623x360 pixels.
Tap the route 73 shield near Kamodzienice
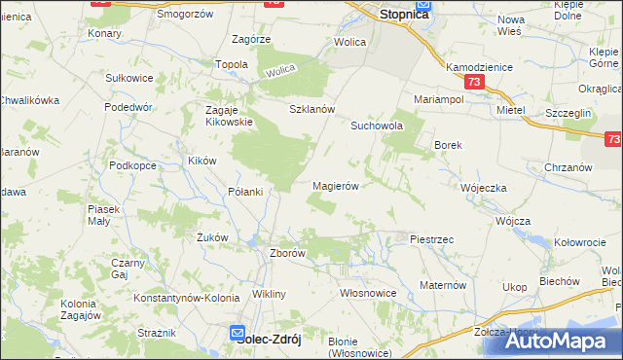pyautogui.click(x=473, y=83)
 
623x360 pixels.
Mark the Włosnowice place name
pyautogui.click(x=367, y=292)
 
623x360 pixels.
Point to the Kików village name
pyautogui.click(x=202, y=161)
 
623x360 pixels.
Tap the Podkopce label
pyautogui.click(x=133, y=166)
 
